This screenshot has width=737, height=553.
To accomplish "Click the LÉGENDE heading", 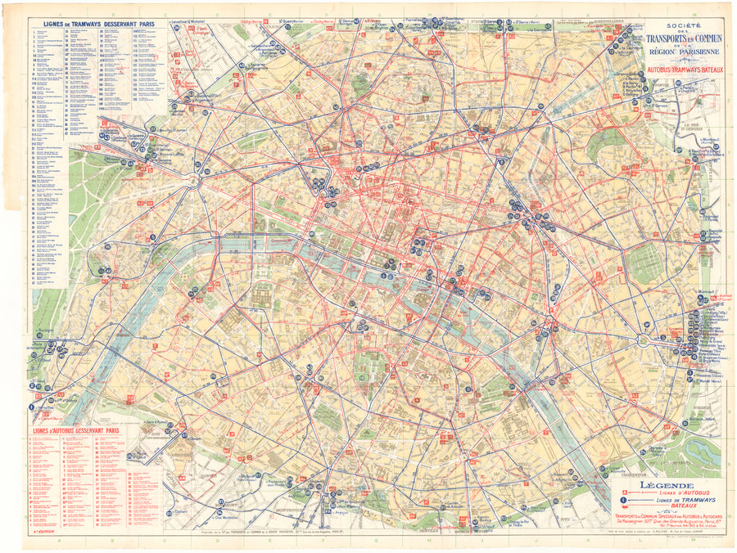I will tap(662, 484).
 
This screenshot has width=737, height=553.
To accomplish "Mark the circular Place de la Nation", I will tap(644, 339).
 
